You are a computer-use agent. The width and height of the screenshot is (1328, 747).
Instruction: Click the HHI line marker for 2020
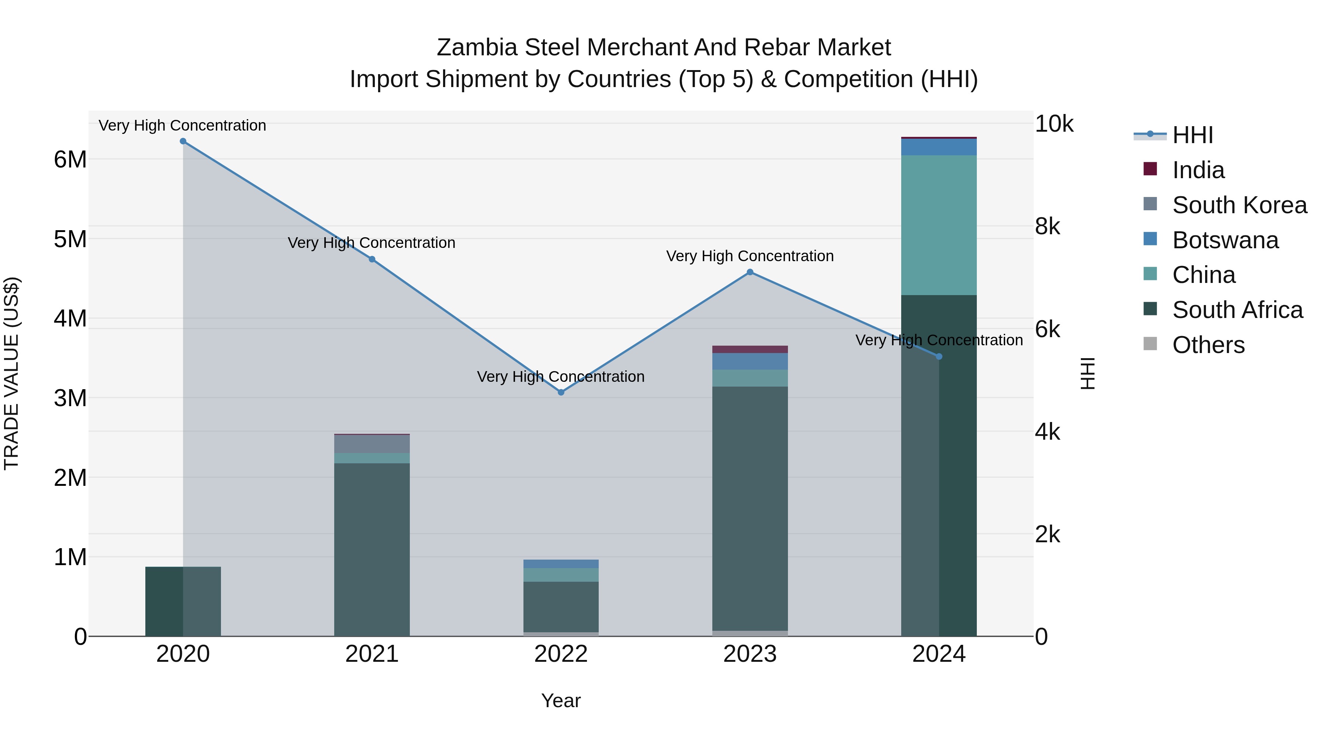point(183,141)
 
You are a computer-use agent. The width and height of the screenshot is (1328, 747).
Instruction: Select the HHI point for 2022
point(561,392)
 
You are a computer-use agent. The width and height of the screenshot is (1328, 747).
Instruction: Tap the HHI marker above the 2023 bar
point(750,272)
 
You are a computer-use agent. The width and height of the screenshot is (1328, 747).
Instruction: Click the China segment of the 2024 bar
point(939,225)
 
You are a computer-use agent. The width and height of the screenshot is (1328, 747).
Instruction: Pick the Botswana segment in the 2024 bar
point(939,147)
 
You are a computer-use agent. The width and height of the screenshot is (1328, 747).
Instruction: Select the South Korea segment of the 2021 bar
point(372,444)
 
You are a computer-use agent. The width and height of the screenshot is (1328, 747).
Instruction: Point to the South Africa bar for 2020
point(183,601)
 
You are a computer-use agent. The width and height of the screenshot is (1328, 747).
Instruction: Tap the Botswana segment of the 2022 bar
point(561,564)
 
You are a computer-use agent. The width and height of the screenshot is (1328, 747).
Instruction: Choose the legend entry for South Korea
point(1239,205)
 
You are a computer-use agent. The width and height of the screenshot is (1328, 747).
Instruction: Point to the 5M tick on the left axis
point(70,239)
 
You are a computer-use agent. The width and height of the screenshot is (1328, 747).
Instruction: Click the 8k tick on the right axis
point(1048,227)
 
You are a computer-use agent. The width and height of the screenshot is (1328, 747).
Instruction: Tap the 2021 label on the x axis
point(372,654)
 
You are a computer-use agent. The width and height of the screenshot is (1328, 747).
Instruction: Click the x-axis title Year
point(561,701)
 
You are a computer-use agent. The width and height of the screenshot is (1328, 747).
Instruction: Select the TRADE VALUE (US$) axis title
point(11,374)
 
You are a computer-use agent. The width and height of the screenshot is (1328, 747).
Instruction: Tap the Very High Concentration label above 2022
point(561,377)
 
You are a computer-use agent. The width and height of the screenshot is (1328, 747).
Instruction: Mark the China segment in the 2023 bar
point(750,378)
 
